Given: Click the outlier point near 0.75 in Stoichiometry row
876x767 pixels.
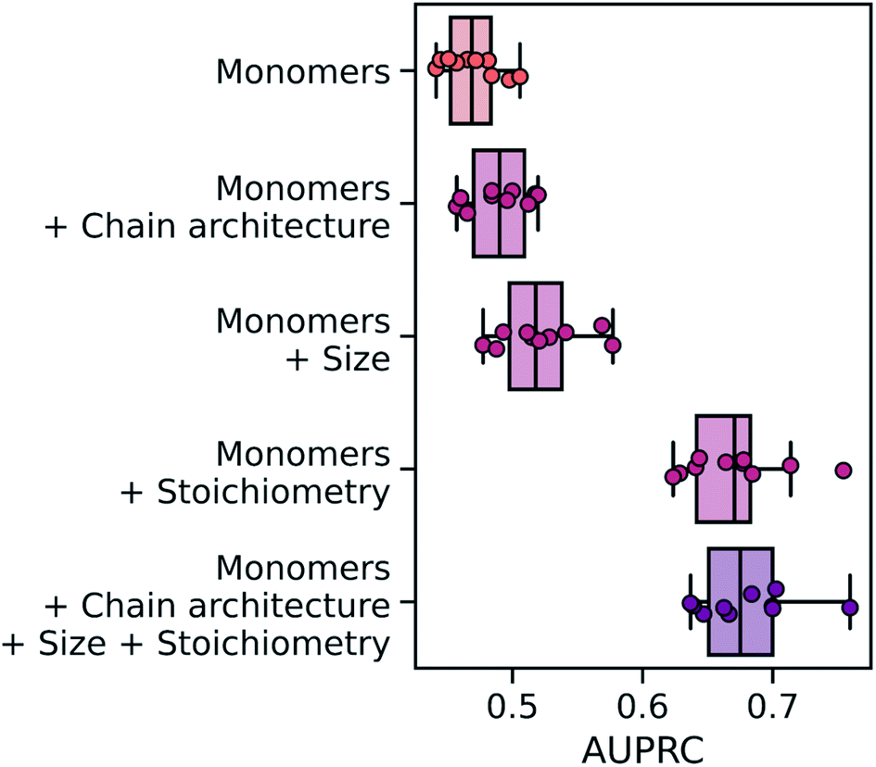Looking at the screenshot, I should [x=843, y=470].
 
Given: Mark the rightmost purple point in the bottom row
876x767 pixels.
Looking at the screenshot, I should [x=849, y=608].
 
